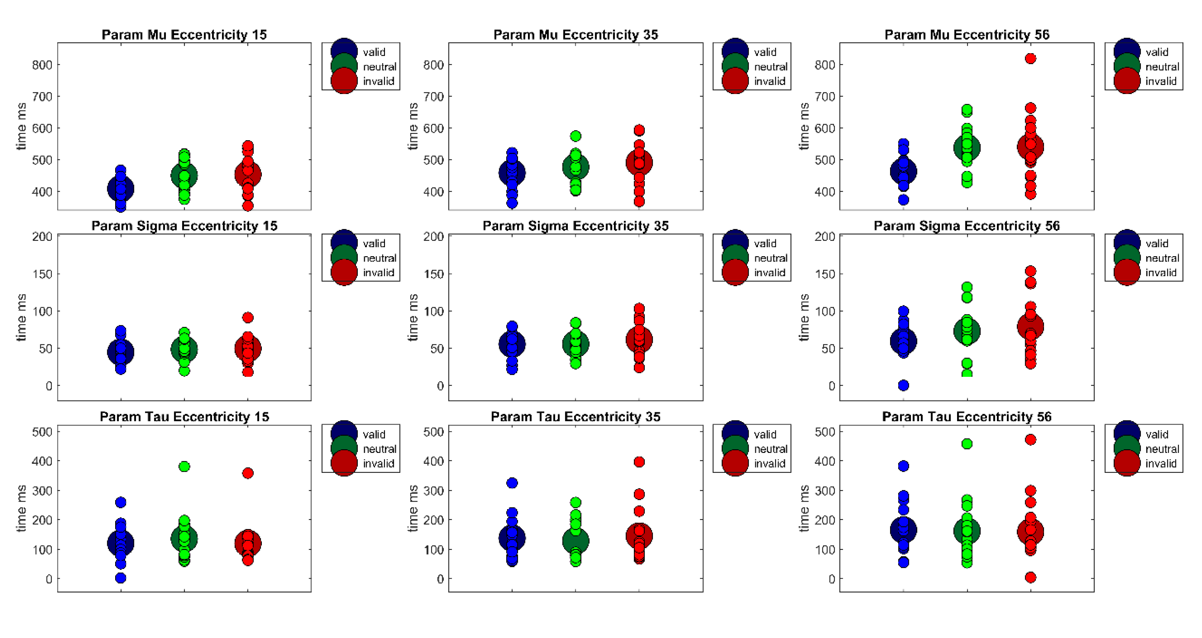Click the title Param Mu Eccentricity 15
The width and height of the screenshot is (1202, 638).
tap(184, 35)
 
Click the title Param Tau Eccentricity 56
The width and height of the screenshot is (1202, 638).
tap(966, 417)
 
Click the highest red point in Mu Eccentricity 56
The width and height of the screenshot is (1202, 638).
tap(1030, 58)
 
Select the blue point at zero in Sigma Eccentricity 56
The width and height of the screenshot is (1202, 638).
tap(903, 385)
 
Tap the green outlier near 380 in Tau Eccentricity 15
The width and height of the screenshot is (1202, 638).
tap(184, 467)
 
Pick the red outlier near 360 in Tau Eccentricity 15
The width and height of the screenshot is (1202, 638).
tap(248, 473)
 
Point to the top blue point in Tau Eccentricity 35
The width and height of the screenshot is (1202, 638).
tap(512, 483)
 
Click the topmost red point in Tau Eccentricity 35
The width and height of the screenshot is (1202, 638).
tap(639, 462)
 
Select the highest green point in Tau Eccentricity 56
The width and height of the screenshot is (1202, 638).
tap(967, 444)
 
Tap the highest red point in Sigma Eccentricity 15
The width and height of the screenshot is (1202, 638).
tap(248, 318)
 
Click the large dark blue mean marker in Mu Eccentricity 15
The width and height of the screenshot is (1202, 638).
tap(121, 189)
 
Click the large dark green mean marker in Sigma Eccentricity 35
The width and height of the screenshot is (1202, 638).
tap(575, 344)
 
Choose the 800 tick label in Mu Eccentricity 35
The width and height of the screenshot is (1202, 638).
tap(433, 65)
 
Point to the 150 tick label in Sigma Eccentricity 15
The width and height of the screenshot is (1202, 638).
tap(42, 274)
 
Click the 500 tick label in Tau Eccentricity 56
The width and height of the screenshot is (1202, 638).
tap(825, 432)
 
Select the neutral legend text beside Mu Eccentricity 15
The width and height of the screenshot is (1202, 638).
tap(379, 67)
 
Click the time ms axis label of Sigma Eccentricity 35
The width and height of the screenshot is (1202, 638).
tap(413, 318)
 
